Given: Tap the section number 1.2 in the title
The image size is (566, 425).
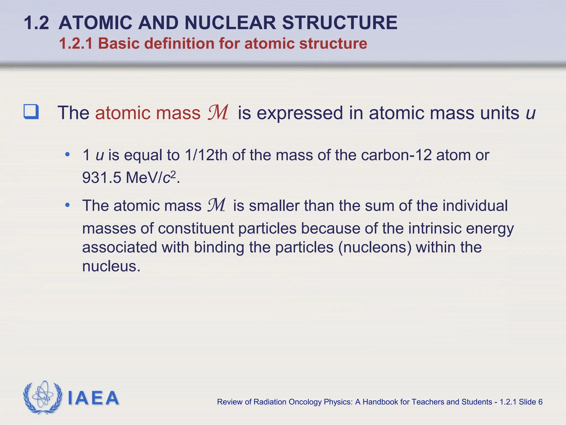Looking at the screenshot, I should pyautogui.click(x=36, y=23).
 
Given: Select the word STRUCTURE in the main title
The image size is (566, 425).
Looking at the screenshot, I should pyautogui.click(x=340, y=23).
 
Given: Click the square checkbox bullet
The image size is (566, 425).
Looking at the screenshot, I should pyautogui.click(x=31, y=112).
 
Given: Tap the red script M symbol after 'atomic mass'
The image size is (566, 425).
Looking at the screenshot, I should pyautogui.click(x=218, y=113).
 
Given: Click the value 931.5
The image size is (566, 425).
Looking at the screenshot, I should pyautogui.click(x=102, y=177).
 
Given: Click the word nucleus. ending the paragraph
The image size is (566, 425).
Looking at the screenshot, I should pyautogui.click(x=111, y=266).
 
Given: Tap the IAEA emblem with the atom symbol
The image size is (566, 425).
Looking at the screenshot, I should pyautogui.click(x=43, y=398).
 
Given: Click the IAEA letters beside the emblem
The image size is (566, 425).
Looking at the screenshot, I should pyautogui.click(x=93, y=398).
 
